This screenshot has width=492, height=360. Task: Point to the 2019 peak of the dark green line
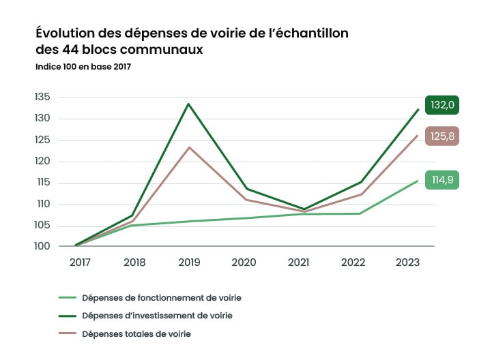tap(188, 104)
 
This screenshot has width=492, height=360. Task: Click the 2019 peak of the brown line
tap(188, 147)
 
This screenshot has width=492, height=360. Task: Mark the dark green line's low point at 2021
tap(303, 209)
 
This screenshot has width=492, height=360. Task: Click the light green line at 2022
tap(360, 213)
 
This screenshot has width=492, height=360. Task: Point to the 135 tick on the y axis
tap(42, 97)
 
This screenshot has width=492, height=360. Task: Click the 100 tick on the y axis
tap(42, 246)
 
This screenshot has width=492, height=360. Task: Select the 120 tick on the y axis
tap(42, 161)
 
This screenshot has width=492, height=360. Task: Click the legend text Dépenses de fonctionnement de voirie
tap(161, 297)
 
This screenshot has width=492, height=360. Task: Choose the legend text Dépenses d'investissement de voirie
tap(157, 316)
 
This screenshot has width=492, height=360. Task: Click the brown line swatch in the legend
tap(66, 334)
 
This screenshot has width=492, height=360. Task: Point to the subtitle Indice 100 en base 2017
tap(83, 67)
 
